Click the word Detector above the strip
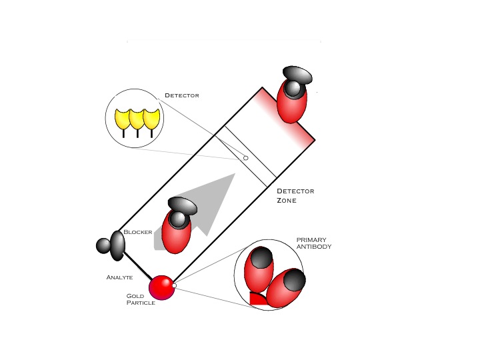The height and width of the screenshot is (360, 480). tap(181, 95)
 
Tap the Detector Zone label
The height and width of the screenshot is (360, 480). tap(295, 195)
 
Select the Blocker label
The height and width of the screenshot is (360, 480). tap(138, 232)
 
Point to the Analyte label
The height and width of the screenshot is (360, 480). tap(120, 277)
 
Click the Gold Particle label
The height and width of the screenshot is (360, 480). tap(141, 299)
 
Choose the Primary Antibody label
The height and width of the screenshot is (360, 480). tap(314, 243)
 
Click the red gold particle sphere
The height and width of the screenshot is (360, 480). tap(161, 287)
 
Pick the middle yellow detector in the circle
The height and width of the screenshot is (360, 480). tap(137, 119)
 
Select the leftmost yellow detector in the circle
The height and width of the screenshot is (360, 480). tap(123, 119)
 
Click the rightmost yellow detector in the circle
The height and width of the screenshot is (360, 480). tap(153, 119)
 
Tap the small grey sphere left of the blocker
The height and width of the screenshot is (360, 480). tap(103, 245)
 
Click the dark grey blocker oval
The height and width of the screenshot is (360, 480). tap(117, 245)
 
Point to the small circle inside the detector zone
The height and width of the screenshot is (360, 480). tap(245, 158)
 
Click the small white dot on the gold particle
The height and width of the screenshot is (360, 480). tap(174, 285)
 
